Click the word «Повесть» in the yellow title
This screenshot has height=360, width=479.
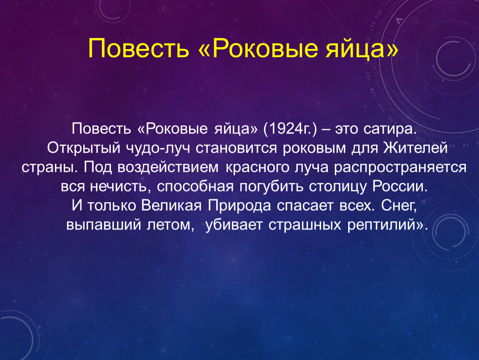[x=139, y=48]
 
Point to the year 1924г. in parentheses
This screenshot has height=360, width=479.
[x=291, y=129]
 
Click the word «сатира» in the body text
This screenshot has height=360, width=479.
[x=390, y=129]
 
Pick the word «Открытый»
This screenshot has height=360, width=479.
[x=84, y=148]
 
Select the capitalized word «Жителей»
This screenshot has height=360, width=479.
[x=415, y=148]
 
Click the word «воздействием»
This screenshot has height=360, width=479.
[x=168, y=167]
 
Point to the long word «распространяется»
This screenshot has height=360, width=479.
[x=400, y=167]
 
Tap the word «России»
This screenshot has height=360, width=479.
[x=399, y=186]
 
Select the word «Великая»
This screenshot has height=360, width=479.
[x=171, y=205]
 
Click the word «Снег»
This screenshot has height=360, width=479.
[x=399, y=205]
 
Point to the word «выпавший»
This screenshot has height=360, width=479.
[x=104, y=225]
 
